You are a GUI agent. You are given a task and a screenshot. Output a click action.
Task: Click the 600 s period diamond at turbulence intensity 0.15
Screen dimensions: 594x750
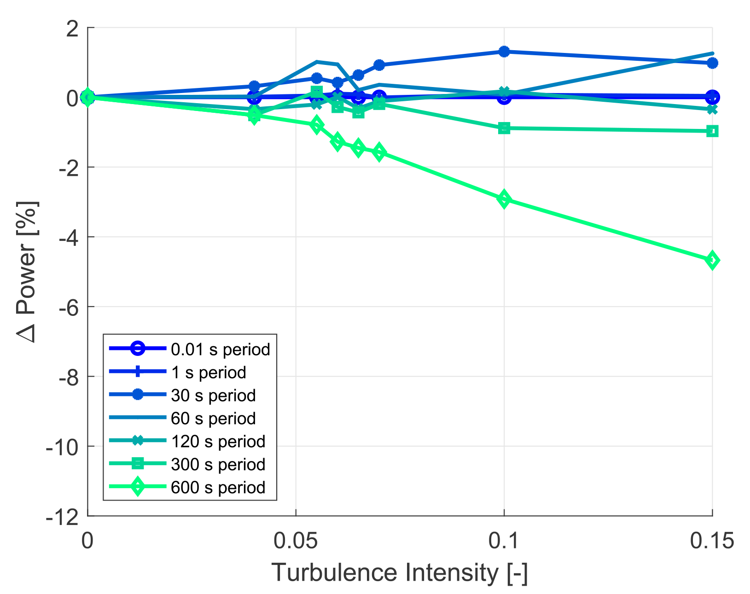point(712,261)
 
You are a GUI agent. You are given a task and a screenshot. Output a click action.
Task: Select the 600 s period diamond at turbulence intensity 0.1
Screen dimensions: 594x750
point(504,199)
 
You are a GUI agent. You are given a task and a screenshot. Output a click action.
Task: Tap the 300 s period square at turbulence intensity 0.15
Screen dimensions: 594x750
point(712,131)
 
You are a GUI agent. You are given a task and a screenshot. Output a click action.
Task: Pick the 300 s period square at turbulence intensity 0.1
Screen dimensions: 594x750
point(504,128)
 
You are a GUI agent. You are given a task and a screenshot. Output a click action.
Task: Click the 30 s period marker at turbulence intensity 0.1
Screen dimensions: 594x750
point(504,51)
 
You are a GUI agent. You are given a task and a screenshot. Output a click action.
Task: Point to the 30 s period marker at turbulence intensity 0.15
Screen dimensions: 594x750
point(712,63)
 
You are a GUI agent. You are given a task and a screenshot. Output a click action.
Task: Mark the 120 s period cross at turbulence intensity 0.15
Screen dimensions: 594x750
point(712,110)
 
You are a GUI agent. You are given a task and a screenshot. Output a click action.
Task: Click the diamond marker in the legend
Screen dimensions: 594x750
point(137,487)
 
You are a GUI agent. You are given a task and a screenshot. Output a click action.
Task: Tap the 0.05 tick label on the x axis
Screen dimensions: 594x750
point(295,542)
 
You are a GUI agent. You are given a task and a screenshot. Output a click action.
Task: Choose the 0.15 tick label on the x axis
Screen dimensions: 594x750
point(712,542)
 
